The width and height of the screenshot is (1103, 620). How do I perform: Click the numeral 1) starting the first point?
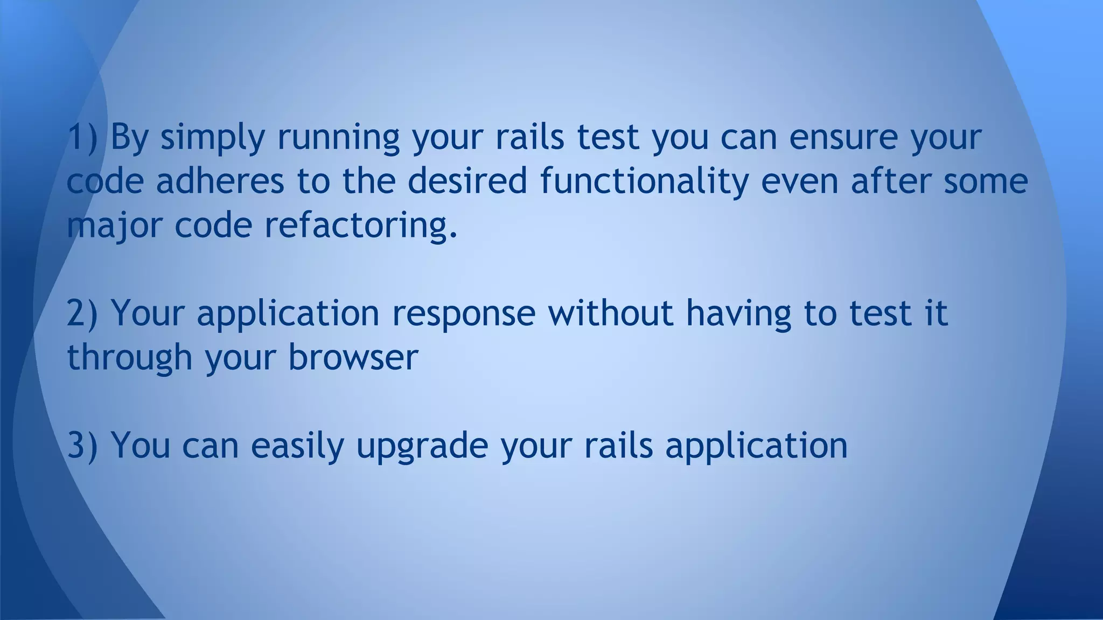(82, 137)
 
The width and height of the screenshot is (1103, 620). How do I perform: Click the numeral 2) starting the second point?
(82, 313)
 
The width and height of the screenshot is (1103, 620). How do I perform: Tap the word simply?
(212, 138)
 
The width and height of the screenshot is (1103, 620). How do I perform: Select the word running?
(338, 138)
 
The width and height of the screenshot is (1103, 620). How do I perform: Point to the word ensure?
(843, 137)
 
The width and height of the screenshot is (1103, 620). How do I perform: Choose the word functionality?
(644, 182)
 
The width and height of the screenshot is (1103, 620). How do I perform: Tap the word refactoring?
(361, 225)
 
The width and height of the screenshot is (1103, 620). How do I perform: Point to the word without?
(611, 313)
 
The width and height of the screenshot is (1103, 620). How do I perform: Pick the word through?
(129, 358)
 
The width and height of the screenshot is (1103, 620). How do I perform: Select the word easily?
(297, 446)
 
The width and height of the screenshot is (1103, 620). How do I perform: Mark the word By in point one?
(129, 138)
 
